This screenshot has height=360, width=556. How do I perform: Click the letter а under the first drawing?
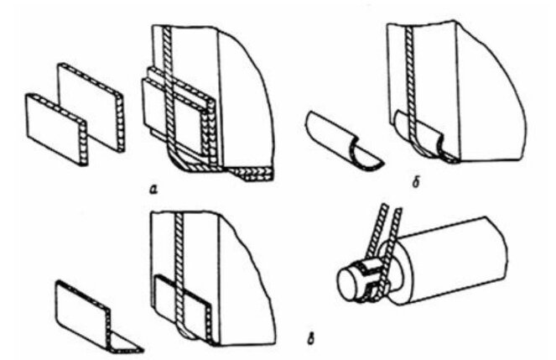(153, 190)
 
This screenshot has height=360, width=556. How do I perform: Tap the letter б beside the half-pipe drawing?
(416, 183)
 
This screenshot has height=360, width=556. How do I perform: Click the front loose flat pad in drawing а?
(56, 129)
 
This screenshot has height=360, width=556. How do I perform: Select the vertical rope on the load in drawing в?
(179, 269)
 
